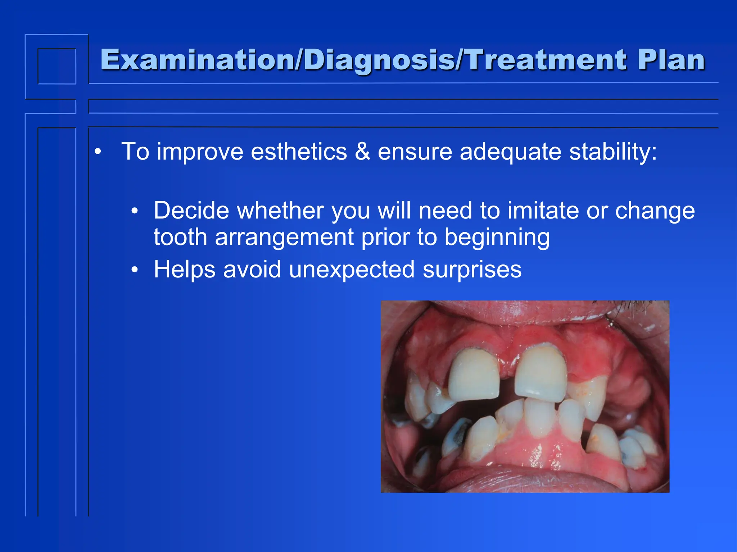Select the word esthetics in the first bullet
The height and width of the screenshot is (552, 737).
[x=299, y=151]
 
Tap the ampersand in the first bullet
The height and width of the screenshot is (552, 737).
[x=362, y=151]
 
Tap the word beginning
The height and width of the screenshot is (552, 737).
[x=497, y=238]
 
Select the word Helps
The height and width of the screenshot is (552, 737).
[x=185, y=269]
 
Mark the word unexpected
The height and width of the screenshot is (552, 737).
[x=352, y=269]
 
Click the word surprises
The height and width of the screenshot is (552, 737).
[x=472, y=269]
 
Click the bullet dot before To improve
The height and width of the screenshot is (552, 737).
[x=98, y=152]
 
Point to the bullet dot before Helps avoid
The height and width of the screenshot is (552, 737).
[x=135, y=270]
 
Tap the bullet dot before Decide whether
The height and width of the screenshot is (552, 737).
[x=135, y=211]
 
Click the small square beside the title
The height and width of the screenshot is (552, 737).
[x=57, y=66]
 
